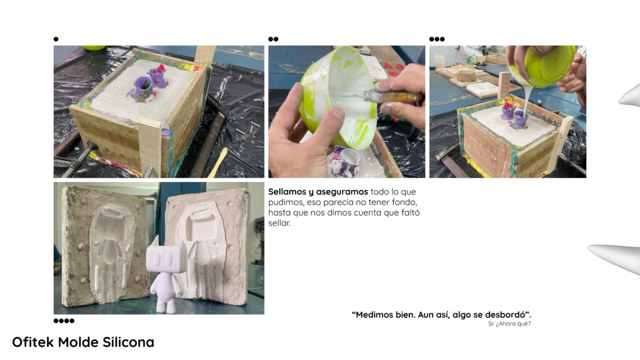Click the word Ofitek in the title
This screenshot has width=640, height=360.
[32, 342]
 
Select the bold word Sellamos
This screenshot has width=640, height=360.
[286, 192]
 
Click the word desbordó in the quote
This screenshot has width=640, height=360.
[505, 315]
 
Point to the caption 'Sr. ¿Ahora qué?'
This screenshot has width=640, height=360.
[509, 324]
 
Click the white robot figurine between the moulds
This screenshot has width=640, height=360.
[166, 274]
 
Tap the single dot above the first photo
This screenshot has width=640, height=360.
[56, 39]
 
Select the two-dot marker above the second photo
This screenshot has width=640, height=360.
[273, 39]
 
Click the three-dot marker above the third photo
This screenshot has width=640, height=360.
[437, 39]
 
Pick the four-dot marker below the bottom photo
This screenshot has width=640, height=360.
[64, 321]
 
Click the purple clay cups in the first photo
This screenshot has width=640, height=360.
[149, 82]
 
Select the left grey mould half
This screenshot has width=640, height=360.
[104, 246]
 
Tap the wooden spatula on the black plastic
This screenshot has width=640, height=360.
[218, 162]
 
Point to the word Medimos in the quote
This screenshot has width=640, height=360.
[374, 315]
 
